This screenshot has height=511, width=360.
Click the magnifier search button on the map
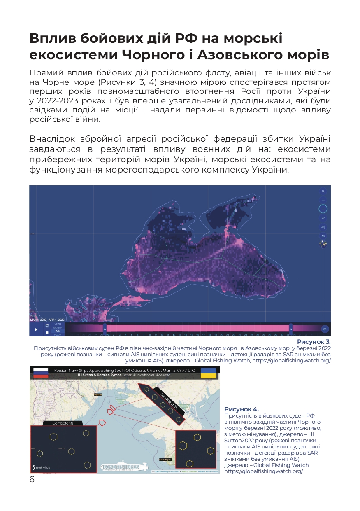pyautogui.click(x=323, y=191)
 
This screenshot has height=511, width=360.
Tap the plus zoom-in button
pyautogui.click(x=323, y=200)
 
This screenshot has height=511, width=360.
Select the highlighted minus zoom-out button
pyautogui.click(x=323, y=209)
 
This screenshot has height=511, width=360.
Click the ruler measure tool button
pyautogui.click(x=323, y=218)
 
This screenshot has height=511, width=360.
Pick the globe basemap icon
pyautogui.click(x=323, y=245)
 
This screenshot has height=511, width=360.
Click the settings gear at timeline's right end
pyautogui.click(x=325, y=329)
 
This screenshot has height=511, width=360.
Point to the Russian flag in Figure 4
pyautogui.click(x=41, y=373)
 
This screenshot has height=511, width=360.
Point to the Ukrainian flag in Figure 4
pyautogui.click(x=208, y=373)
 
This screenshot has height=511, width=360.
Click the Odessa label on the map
pyautogui.click(x=98, y=394)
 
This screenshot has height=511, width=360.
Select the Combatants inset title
pyautogui.click(x=63, y=423)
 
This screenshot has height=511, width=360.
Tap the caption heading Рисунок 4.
pyautogui.click(x=242, y=409)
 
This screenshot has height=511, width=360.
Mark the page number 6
pyautogui.click(x=32, y=479)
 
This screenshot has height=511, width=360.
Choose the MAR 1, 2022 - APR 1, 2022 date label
pyautogui.click(x=47, y=320)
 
